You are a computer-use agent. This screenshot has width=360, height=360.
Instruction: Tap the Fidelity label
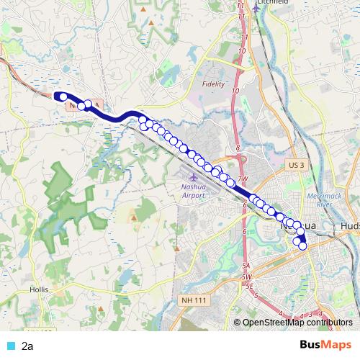215,84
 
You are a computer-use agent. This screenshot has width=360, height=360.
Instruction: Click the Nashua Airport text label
194,190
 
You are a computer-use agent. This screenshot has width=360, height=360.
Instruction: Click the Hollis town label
39,289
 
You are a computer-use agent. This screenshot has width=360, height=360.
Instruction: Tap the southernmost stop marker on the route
303,246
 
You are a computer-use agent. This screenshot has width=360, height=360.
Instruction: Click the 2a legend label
27,346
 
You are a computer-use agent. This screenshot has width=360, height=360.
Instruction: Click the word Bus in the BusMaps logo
310,345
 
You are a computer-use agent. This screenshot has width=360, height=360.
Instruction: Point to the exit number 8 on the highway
237,148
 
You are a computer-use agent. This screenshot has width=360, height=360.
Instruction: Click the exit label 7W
242,179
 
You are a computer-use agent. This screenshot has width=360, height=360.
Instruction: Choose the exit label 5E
251,286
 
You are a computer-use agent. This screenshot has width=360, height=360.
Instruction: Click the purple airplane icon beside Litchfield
256,9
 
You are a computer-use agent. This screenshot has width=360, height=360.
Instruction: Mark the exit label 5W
246,276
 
